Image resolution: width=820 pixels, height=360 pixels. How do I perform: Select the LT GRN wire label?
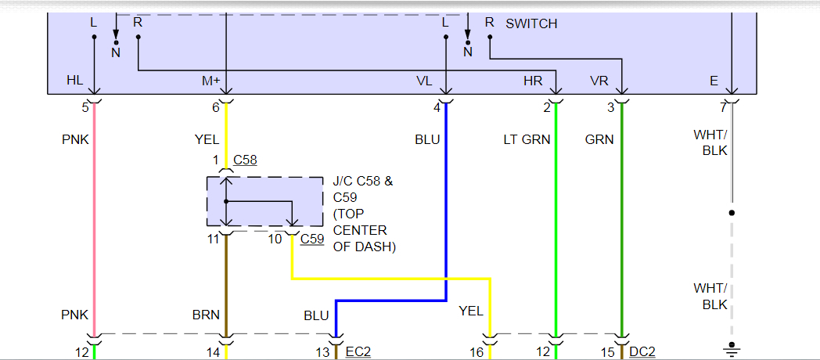point(527,140)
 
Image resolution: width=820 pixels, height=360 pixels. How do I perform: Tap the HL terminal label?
point(75,81)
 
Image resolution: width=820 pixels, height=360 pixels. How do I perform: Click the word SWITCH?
point(531,23)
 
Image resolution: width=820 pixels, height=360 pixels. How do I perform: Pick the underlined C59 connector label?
point(312,239)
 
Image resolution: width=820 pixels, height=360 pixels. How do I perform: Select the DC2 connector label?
point(642,353)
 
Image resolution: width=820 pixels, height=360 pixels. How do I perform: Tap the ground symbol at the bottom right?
point(732,347)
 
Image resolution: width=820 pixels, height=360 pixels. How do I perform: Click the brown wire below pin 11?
point(226,282)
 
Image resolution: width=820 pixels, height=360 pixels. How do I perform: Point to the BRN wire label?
point(207,315)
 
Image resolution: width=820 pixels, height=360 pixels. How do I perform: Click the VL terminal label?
point(424,81)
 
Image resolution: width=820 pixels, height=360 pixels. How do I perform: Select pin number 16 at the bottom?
point(476,353)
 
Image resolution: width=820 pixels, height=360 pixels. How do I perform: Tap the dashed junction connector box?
point(264,202)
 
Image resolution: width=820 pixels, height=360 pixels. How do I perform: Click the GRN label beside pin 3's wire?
point(599,140)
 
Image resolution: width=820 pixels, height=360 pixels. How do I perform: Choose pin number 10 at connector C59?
point(275,239)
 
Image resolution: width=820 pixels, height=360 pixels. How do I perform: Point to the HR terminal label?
point(533,81)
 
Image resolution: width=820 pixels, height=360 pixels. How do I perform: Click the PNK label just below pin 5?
point(75,140)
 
